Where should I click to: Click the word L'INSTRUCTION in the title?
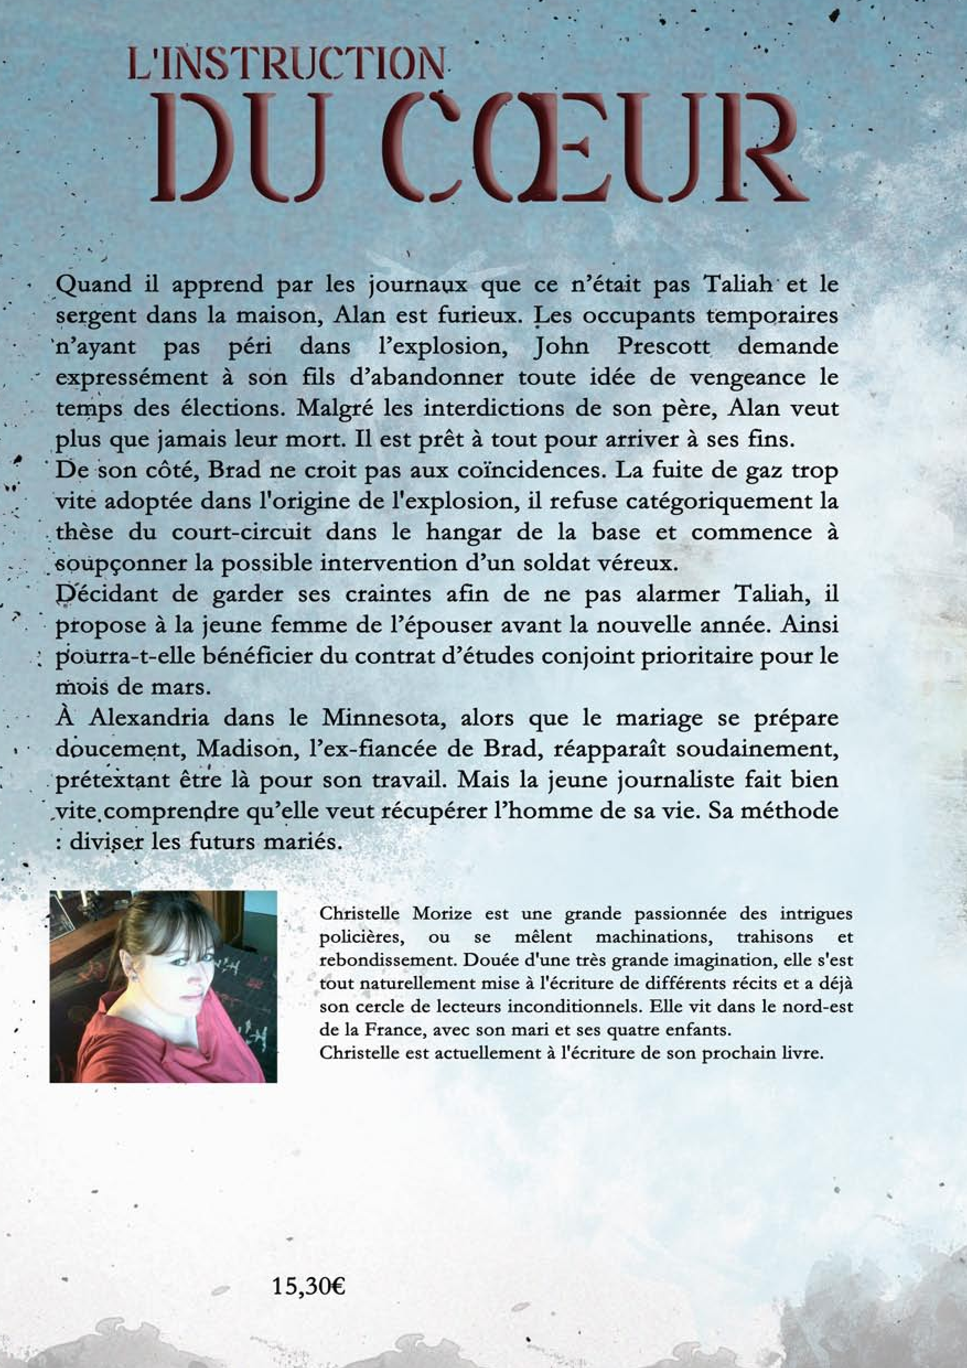(286, 67)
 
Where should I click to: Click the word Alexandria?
(149, 718)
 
